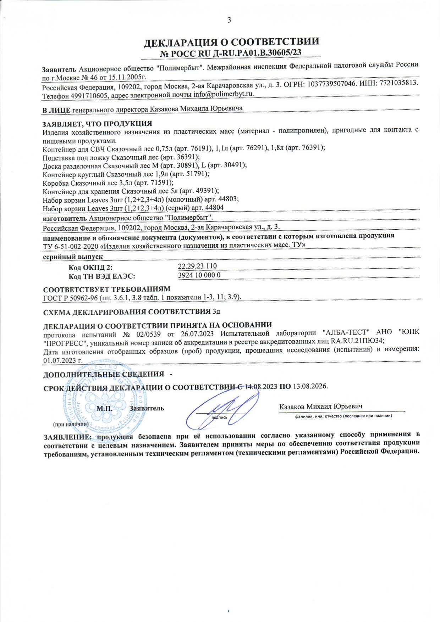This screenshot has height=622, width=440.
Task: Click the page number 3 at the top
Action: tap(229, 20)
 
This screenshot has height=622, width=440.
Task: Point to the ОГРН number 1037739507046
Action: tap(333, 85)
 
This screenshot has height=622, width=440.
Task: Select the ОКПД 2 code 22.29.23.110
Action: tap(197, 266)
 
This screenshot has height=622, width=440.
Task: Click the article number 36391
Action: tap(187, 157)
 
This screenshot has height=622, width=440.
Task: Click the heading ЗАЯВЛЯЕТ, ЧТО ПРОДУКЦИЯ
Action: tap(97, 124)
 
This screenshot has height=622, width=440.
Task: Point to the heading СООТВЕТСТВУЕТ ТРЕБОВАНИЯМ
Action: tap(106, 289)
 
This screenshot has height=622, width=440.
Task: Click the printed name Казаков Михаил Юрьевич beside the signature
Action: tap(320, 407)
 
